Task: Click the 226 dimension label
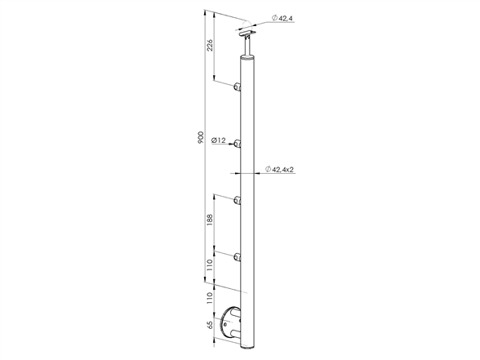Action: pyautogui.click(x=209, y=45)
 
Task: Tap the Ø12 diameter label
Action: pyautogui.click(x=219, y=140)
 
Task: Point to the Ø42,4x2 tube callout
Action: pyautogui.click(x=279, y=169)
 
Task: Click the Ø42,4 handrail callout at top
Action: pyautogui.click(x=282, y=18)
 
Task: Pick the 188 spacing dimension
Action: pyautogui.click(x=209, y=220)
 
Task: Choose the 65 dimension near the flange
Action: pyautogui.click(x=209, y=325)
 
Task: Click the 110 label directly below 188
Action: pyautogui.click(x=209, y=265)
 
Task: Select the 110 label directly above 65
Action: pyautogui.click(x=209, y=297)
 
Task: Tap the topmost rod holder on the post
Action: pyautogui.click(x=238, y=87)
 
